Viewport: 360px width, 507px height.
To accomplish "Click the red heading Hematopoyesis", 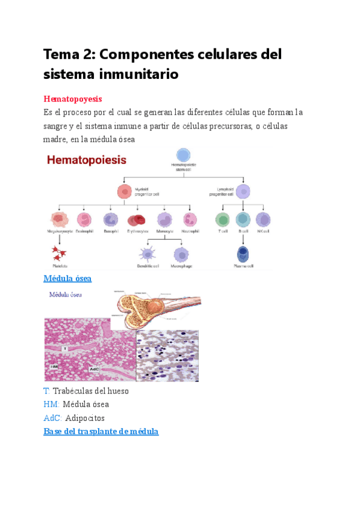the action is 73,99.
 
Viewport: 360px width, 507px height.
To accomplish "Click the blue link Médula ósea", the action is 68,279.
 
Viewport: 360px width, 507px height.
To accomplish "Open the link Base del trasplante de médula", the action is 101,431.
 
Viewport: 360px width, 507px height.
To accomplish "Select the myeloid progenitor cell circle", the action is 124,191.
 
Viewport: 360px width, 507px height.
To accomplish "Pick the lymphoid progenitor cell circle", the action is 242,191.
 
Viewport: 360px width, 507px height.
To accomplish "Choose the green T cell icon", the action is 222,219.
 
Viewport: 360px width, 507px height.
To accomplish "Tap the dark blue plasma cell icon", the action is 242,253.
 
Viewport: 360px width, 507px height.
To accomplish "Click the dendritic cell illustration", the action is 147,254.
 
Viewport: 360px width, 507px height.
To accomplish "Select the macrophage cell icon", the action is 181,254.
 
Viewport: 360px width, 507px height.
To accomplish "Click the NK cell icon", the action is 263,219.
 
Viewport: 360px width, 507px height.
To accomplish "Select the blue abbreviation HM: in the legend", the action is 51,404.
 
